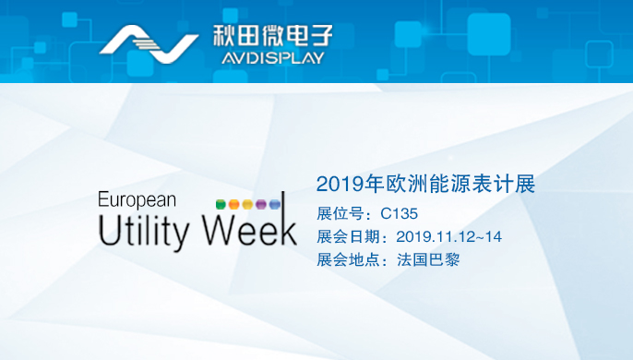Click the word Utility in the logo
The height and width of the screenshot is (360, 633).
point(143,230)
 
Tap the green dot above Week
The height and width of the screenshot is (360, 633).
point(220,203)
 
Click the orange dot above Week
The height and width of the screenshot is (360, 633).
point(233,203)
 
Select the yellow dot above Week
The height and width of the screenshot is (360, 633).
point(247,203)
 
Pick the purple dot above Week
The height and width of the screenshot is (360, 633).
point(261,203)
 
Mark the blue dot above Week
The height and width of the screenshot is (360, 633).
point(274,203)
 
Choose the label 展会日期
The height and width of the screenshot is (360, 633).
point(349,236)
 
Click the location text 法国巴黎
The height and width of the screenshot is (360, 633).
point(429,259)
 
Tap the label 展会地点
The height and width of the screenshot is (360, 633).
point(349,259)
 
